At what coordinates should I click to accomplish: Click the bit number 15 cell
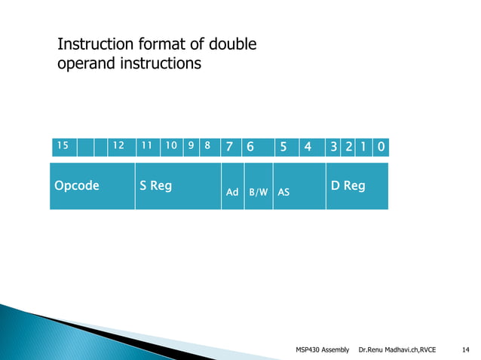pos(63,146)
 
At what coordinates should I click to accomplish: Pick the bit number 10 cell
pos(172,146)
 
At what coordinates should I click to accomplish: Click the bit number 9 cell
pos(191,146)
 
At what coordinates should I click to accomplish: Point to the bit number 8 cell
pos(207,146)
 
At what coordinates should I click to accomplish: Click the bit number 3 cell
pos(333,146)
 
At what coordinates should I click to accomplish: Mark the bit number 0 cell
pos(381,146)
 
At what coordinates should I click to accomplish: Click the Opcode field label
pos(76,185)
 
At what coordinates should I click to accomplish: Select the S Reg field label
pos(155,185)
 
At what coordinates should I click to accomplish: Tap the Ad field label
pos(233,193)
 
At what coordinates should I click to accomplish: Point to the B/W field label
pos(259,193)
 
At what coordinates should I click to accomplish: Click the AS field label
pos(284,193)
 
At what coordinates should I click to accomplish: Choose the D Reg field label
pos(348,185)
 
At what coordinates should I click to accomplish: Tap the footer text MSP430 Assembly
pos(324,349)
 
